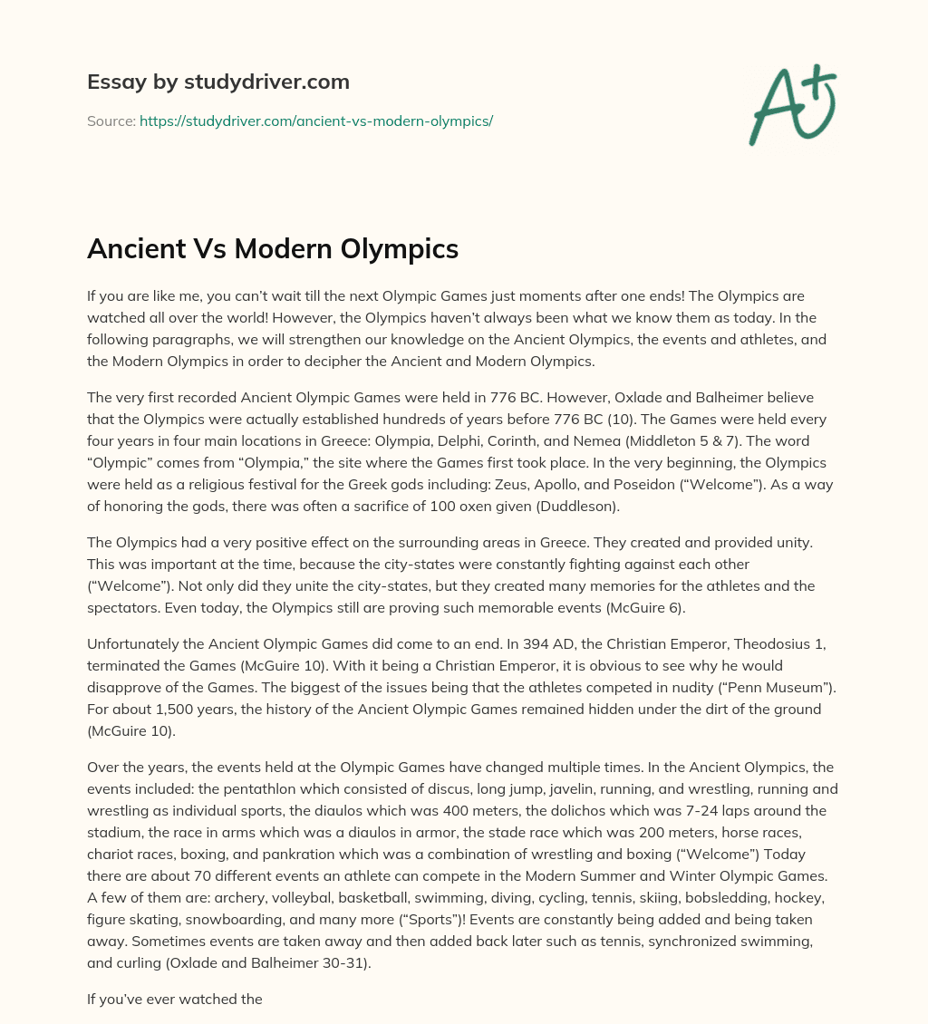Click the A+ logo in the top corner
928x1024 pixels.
791,104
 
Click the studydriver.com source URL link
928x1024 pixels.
315,121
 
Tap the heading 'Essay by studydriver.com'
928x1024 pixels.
217,82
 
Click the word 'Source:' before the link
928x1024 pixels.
111,121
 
